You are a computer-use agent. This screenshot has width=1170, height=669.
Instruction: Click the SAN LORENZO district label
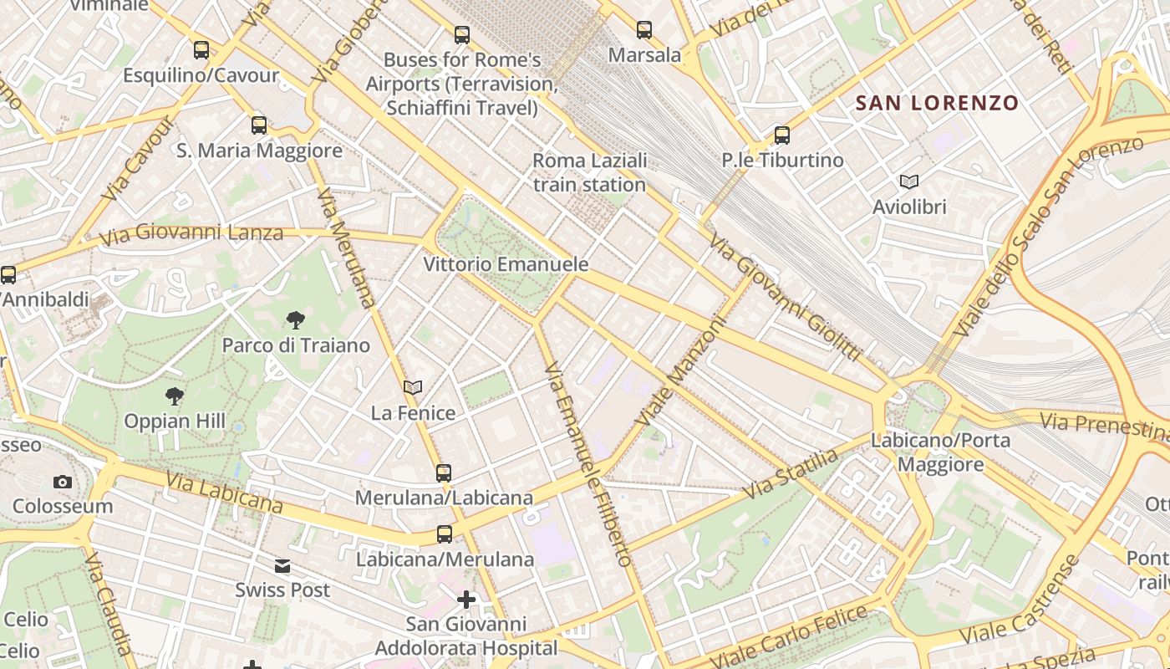tap(937, 103)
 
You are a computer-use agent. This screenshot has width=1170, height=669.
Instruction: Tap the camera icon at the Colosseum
tap(62, 482)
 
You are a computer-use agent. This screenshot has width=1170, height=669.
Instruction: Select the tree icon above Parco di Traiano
tap(295, 319)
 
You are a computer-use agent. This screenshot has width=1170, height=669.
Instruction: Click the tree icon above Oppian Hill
tap(174, 396)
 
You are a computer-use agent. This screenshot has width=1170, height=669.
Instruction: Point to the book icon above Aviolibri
tap(909, 181)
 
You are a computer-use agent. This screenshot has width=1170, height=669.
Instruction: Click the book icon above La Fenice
tap(413, 387)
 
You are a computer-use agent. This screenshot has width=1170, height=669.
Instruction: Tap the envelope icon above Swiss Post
tap(282, 566)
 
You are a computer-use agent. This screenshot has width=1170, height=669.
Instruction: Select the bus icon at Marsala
tap(644, 30)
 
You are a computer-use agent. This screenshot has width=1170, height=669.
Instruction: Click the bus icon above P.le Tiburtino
tap(782, 135)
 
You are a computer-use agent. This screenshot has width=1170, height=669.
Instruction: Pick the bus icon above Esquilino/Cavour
tap(201, 50)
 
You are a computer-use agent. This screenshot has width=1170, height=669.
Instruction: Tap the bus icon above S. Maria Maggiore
tap(259, 125)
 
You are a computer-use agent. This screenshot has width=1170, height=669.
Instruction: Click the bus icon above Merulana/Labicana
tap(444, 473)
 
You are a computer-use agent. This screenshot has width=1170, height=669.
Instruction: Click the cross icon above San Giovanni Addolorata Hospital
tap(466, 600)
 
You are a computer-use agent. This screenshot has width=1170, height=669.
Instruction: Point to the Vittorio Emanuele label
tap(506, 264)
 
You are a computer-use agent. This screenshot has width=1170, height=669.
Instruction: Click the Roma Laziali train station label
tap(590, 172)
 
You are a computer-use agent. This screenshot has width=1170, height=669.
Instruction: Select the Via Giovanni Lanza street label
tap(191, 234)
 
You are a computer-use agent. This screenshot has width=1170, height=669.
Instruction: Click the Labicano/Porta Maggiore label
tap(940, 452)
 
